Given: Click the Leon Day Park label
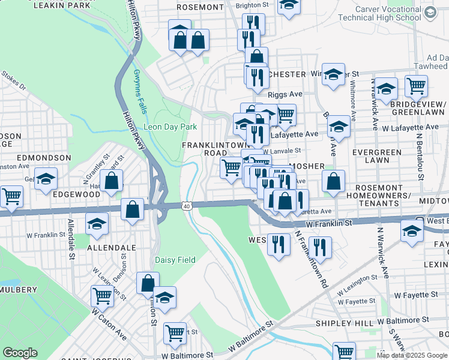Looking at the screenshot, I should tap(170, 127).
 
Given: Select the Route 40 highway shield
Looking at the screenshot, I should tap(187, 206).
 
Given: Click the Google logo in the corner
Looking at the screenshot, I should tap(20, 352).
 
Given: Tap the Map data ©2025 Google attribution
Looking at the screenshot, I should tap(412, 355).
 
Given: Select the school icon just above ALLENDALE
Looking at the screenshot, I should tap(97, 223).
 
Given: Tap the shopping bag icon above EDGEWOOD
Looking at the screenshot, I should tap(112, 180).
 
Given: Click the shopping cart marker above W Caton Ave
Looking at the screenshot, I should tap(102, 295).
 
